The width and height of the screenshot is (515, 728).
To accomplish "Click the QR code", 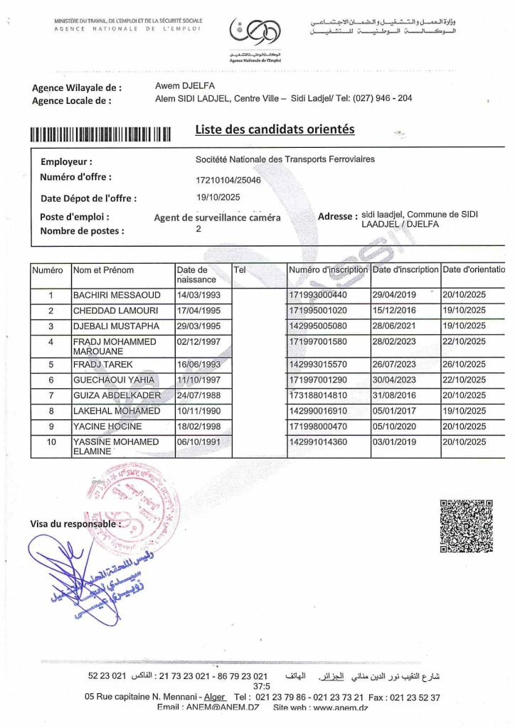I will click(x=467, y=525).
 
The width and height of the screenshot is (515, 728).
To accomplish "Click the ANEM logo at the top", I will click(x=255, y=33).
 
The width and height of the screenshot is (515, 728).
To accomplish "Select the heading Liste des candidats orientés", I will click(x=275, y=129).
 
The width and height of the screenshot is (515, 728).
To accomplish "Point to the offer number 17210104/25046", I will click(x=228, y=180).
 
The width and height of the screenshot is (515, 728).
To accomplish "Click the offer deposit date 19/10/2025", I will click(x=218, y=198).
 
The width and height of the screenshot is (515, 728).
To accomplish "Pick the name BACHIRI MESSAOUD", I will click(x=117, y=295).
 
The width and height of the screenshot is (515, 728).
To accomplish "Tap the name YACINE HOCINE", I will click(x=107, y=427).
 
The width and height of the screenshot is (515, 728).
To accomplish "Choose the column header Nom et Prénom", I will click(x=103, y=270).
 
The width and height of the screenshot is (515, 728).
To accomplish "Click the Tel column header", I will click(x=240, y=270).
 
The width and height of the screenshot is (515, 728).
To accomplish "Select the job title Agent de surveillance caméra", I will click(x=218, y=218).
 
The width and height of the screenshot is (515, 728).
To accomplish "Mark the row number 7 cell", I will click(x=51, y=395).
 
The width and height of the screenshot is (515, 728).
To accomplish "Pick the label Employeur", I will click(x=66, y=161).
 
